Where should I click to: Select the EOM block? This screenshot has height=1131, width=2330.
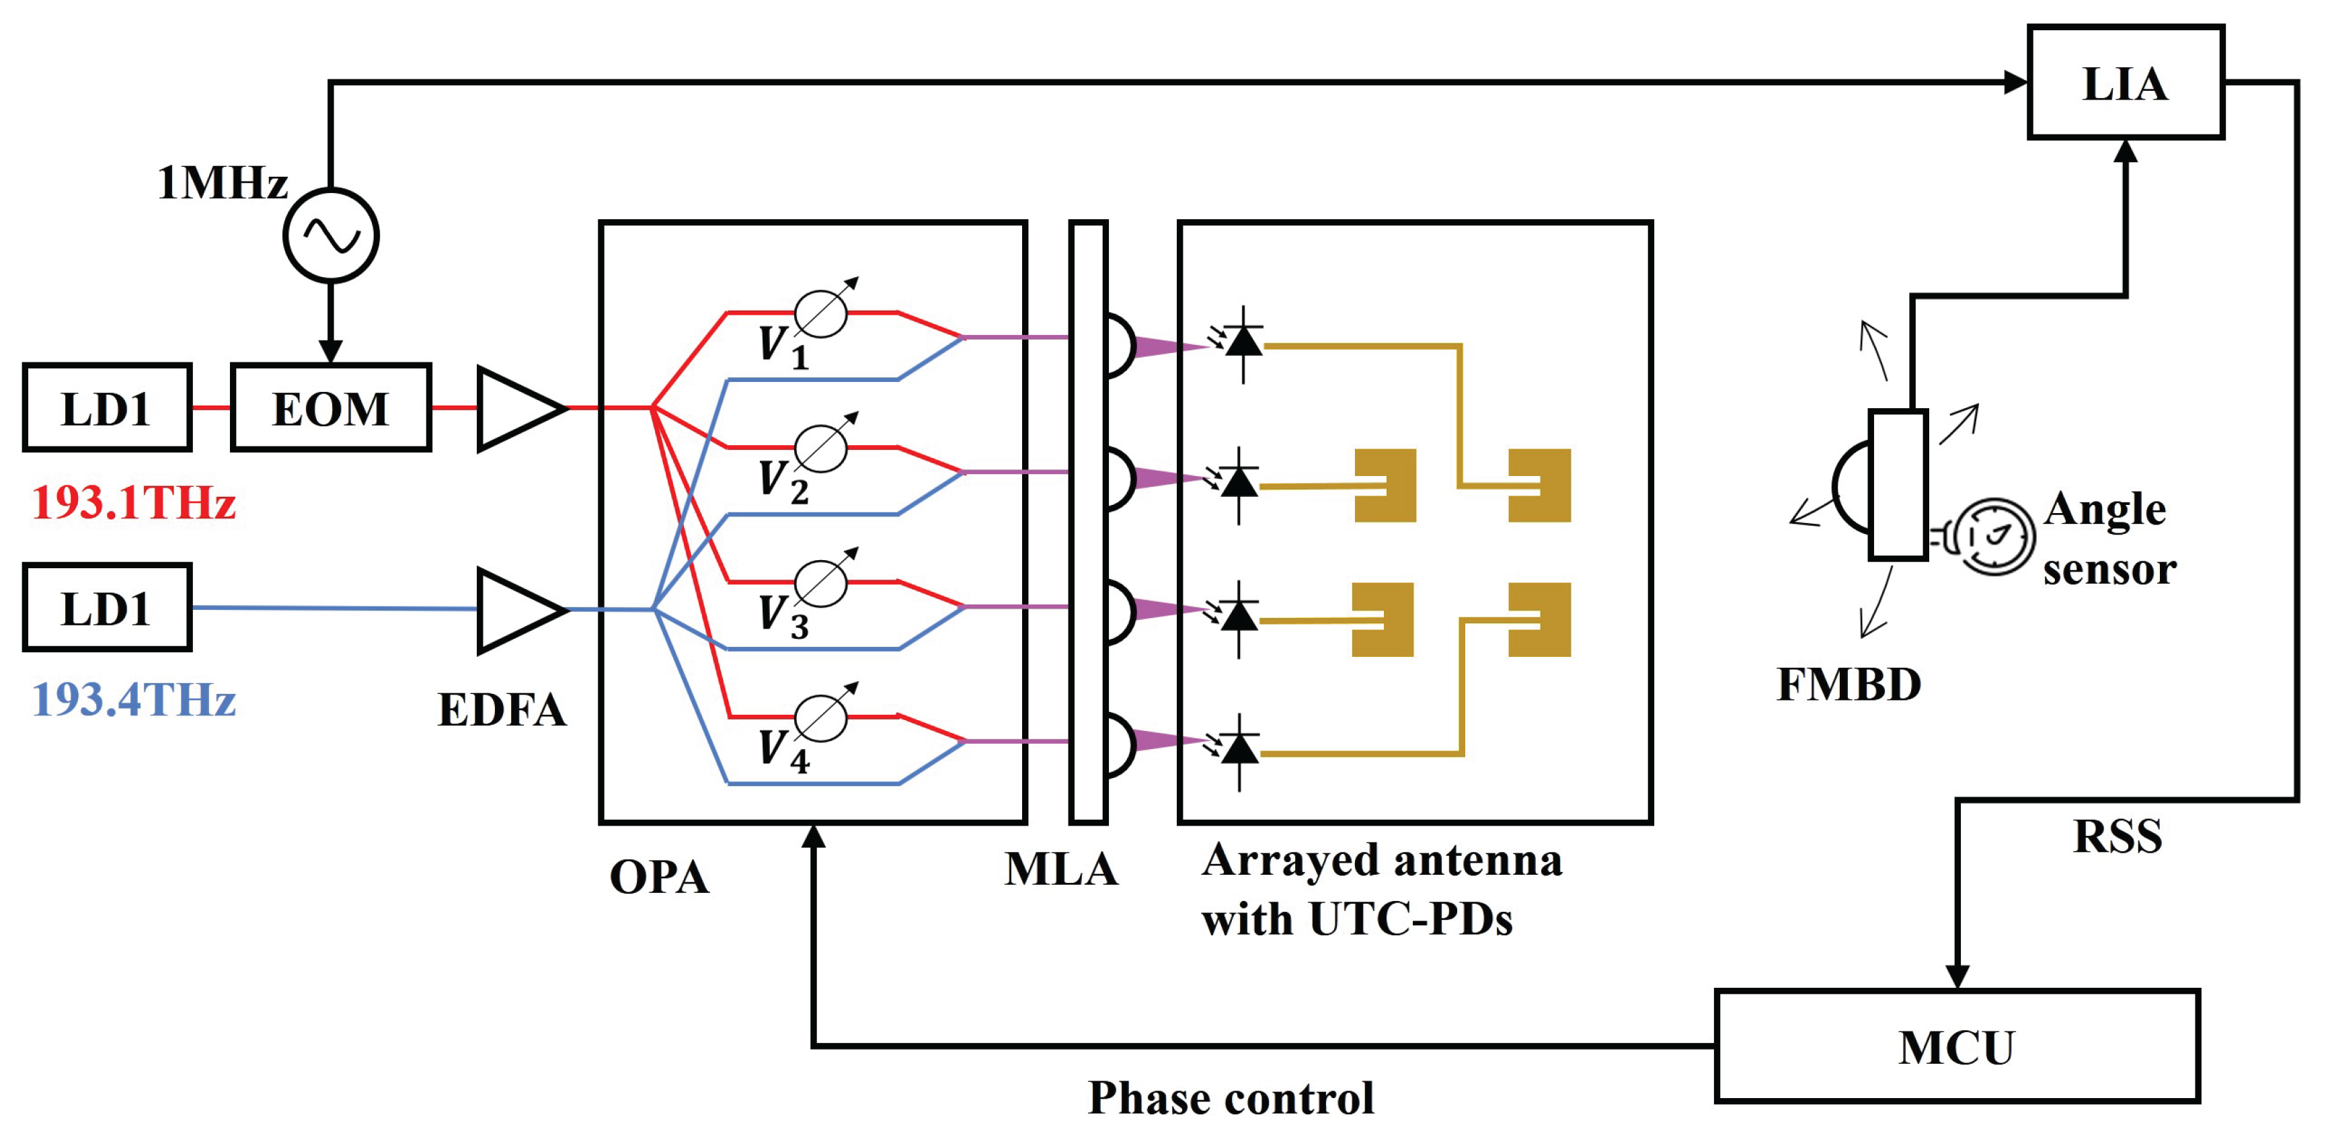tap(331, 408)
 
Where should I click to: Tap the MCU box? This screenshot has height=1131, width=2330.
tap(1956, 1047)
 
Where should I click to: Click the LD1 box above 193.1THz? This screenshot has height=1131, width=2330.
tap(107, 408)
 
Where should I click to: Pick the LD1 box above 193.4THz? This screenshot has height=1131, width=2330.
tap(107, 608)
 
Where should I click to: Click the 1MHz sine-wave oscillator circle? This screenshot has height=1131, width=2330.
tap(331, 236)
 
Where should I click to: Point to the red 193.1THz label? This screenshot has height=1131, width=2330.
tap(134, 502)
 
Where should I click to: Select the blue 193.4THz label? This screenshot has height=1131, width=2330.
tap(134, 699)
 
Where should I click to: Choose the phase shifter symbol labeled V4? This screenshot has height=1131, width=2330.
tap(821, 717)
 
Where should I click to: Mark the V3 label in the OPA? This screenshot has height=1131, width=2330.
tap(783, 616)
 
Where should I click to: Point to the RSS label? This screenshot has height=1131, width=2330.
tap(2118, 836)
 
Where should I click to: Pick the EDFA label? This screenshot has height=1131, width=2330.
tap(502, 709)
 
